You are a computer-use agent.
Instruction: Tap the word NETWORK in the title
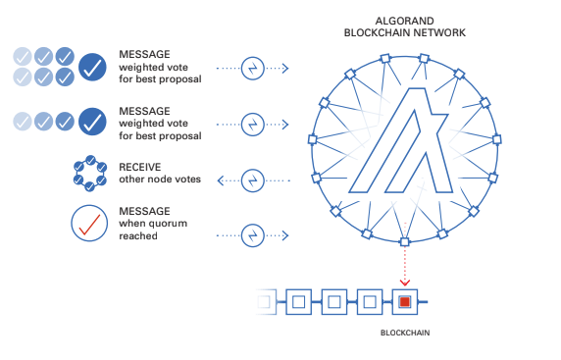(438, 32)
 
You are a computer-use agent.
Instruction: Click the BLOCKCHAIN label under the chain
(404, 334)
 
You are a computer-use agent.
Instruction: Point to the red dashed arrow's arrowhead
(403, 281)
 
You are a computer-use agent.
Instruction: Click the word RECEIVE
(139, 167)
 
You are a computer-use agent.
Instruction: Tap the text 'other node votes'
(159, 180)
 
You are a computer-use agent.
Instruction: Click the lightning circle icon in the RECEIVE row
(253, 180)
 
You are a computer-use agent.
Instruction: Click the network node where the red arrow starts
(403, 240)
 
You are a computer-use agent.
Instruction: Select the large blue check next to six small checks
(93, 68)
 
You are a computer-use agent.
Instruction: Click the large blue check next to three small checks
(93, 121)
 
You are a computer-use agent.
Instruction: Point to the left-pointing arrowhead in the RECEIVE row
(221, 180)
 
